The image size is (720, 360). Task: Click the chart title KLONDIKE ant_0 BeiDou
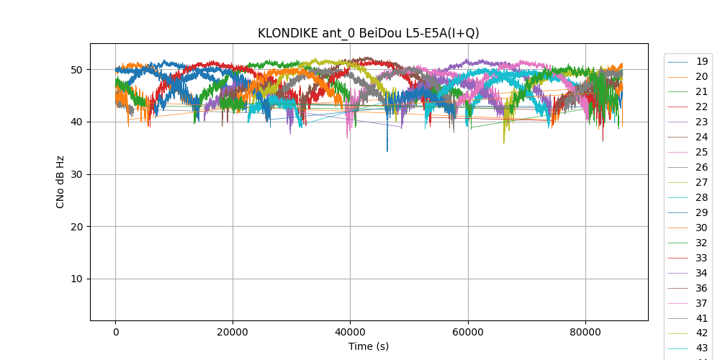point(369,33)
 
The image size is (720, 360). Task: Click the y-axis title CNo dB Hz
point(60,182)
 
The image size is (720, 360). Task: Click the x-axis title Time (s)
point(369,346)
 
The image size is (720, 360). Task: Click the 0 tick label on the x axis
point(115,331)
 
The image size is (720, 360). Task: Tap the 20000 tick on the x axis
point(233,331)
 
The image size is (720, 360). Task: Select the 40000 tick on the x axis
point(350,331)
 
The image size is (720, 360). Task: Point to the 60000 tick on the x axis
point(468,331)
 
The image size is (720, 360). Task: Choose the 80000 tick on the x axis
point(585,331)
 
